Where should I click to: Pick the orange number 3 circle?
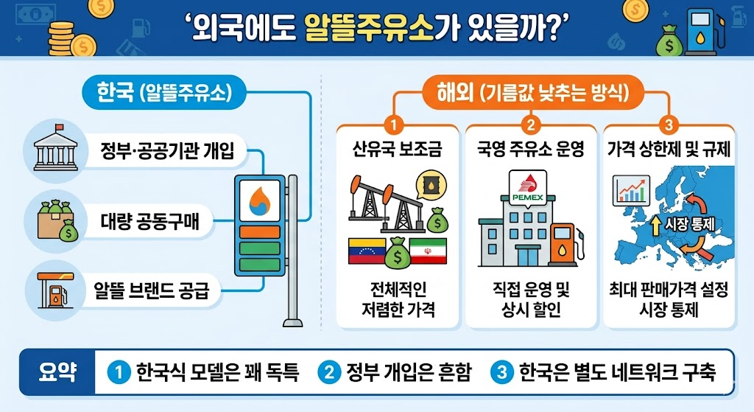(x=667, y=123)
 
